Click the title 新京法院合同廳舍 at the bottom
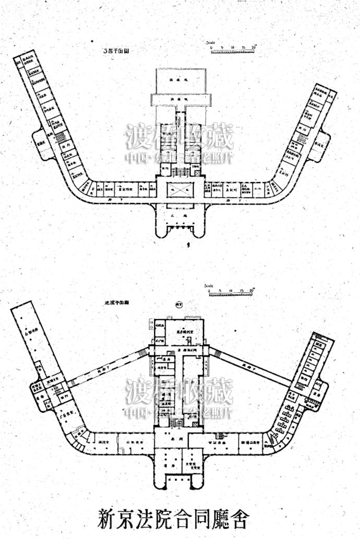173,519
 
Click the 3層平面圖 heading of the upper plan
116,52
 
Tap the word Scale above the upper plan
211,42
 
